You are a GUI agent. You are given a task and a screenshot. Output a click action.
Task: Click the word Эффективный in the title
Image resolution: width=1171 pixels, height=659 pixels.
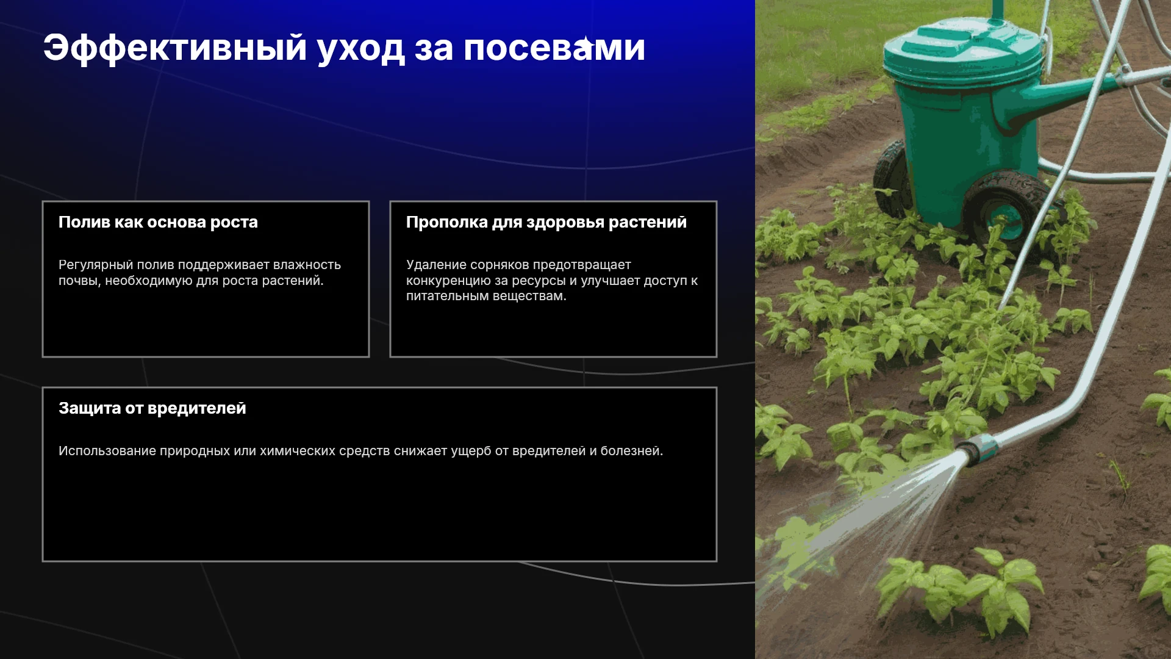pyautogui.click(x=175, y=48)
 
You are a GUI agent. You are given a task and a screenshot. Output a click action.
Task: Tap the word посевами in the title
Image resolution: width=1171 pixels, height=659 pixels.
pyautogui.click(x=554, y=49)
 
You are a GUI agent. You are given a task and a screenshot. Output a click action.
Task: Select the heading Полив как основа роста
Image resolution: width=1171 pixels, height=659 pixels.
pyautogui.click(x=158, y=222)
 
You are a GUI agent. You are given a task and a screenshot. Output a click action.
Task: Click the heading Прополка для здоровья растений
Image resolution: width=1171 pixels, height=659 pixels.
pyautogui.click(x=546, y=222)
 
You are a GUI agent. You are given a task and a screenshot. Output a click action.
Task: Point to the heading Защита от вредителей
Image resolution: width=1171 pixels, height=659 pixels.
pyautogui.click(x=152, y=408)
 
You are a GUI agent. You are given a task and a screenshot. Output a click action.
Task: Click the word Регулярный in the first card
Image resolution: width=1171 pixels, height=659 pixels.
pyautogui.click(x=95, y=265)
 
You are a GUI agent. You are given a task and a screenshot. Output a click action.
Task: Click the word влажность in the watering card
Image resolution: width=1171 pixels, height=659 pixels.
pyautogui.click(x=307, y=265)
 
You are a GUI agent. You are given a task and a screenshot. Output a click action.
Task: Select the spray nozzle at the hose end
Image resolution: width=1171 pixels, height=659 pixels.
pyautogui.click(x=977, y=450)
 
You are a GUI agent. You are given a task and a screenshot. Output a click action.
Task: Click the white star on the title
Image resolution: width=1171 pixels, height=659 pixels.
pyautogui.click(x=585, y=44)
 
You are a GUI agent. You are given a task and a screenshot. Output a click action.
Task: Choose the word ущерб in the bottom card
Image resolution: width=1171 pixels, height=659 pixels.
pyautogui.click(x=471, y=452)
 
